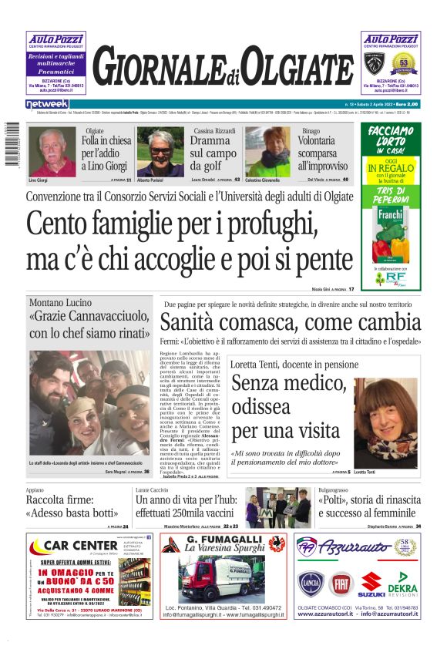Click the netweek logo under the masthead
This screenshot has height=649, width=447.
[x=47, y=103]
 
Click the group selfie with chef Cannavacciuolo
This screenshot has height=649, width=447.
[x=89, y=402]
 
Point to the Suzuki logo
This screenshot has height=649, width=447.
[x=371, y=584]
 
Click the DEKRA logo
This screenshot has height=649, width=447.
[x=402, y=584]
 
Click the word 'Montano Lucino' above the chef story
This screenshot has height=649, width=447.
[x=60, y=303]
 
